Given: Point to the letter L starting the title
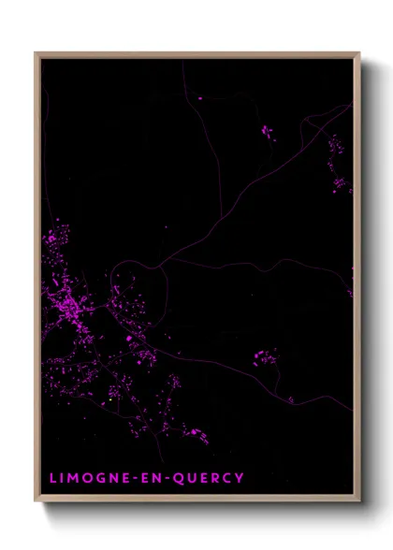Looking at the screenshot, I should tap(53, 478).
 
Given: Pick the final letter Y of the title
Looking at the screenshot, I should tap(241, 478).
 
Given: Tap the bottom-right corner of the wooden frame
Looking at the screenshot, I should tap(359, 502).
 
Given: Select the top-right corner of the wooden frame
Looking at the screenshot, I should tap(359, 53).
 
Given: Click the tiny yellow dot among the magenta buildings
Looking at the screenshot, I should tap(110, 399).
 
